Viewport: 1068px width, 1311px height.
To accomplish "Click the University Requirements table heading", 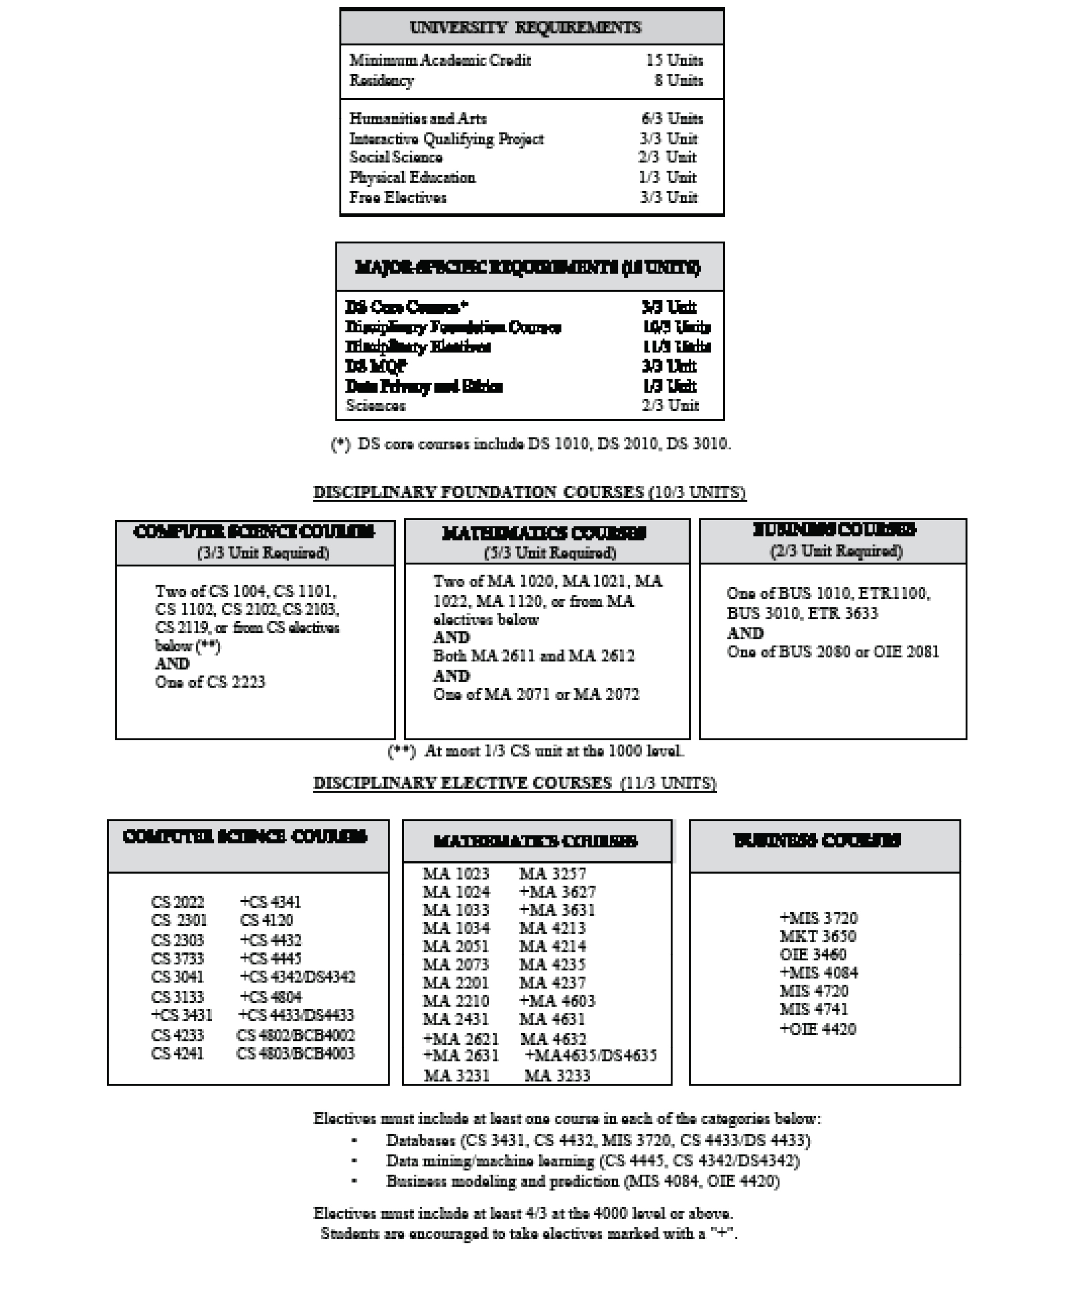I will coord(525,28).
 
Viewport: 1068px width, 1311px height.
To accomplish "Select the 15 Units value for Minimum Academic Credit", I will coord(674,61).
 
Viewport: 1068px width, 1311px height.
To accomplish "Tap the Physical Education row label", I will coord(412,178).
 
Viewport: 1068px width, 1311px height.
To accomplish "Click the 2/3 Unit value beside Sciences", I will coord(670,405).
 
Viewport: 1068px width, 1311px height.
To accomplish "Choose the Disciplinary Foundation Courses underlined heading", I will coord(529,492).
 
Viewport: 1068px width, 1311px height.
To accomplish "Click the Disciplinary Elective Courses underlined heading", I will coord(514,783).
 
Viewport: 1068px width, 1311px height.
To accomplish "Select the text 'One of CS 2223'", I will coord(210,682).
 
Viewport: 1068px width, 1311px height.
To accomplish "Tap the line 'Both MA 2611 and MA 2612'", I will coord(534,656).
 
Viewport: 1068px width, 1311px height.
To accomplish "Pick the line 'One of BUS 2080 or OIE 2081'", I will coord(833,652).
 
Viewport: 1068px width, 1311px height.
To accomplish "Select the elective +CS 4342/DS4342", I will coord(297,977).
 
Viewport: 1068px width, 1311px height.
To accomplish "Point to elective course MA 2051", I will coord(455,947).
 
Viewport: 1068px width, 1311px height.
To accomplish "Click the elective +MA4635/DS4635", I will coord(591,1056).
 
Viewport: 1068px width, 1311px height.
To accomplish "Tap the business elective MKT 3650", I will coord(817,937).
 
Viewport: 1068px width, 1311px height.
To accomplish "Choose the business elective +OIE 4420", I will coord(817,1029).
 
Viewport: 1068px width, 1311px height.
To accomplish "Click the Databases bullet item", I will coord(597,1140).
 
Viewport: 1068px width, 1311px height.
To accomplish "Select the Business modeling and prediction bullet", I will coord(582,1181).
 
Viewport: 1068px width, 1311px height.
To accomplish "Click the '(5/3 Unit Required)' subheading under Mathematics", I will coord(549,553).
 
